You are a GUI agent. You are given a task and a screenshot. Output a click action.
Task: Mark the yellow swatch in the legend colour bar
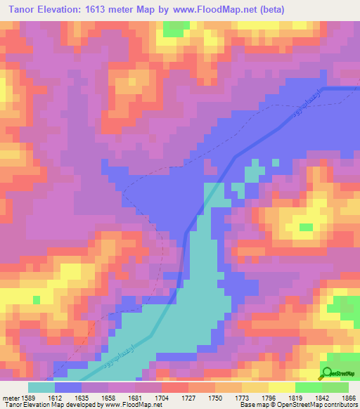coord(281,387)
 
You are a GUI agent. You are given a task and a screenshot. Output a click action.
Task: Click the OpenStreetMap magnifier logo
coord(327,373)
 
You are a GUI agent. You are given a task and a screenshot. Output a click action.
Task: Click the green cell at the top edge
coord(176,29)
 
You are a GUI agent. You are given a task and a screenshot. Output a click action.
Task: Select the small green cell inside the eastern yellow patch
coord(305,227)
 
